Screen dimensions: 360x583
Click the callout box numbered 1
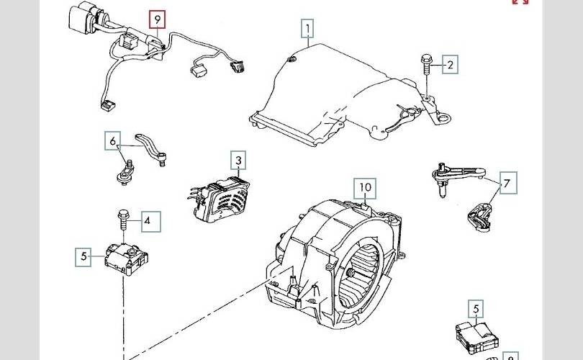click(307, 30)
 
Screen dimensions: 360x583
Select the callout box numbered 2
click(450, 65)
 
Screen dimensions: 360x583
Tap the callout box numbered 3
click(238, 160)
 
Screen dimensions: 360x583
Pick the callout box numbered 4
click(147, 221)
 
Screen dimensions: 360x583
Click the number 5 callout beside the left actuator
click(83, 256)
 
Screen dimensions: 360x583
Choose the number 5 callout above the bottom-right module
click(476, 309)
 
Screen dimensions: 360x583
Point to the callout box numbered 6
click(113, 141)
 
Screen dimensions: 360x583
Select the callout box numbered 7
click(507, 184)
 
